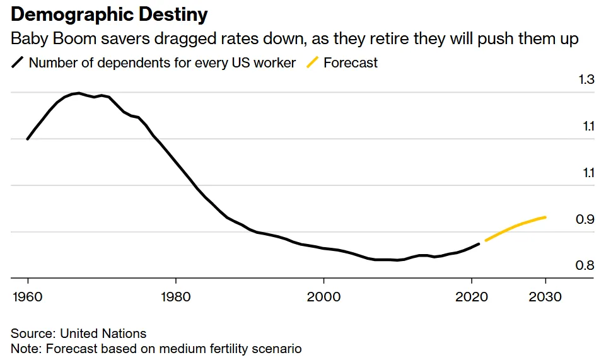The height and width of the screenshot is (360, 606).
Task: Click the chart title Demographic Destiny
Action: click(x=109, y=15)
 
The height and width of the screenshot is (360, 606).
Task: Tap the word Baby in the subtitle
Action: click(x=28, y=39)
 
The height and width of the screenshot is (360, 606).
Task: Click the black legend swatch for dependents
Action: click(x=18, y=63)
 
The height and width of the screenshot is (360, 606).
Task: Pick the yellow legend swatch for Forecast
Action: click(x=312, y=63)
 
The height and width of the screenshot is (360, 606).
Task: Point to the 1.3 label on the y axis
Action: click(x=586, y=80)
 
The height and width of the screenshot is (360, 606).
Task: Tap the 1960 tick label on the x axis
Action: click(x=28, y=296)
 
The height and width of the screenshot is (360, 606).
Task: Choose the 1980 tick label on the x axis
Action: click(x=176, y=296)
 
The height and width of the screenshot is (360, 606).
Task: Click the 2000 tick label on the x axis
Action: click(x=323, y=296)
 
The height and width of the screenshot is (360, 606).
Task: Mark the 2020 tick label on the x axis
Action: click(x=471, y=296)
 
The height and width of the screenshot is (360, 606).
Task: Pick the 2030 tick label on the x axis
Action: click(x=545, y=296)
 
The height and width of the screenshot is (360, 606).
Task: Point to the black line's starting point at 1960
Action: click(x=28, y=139)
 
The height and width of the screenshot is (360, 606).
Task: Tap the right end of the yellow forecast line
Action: click(x=545, y=217)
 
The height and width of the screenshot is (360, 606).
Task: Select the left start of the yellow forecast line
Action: click(x=485, y=240)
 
